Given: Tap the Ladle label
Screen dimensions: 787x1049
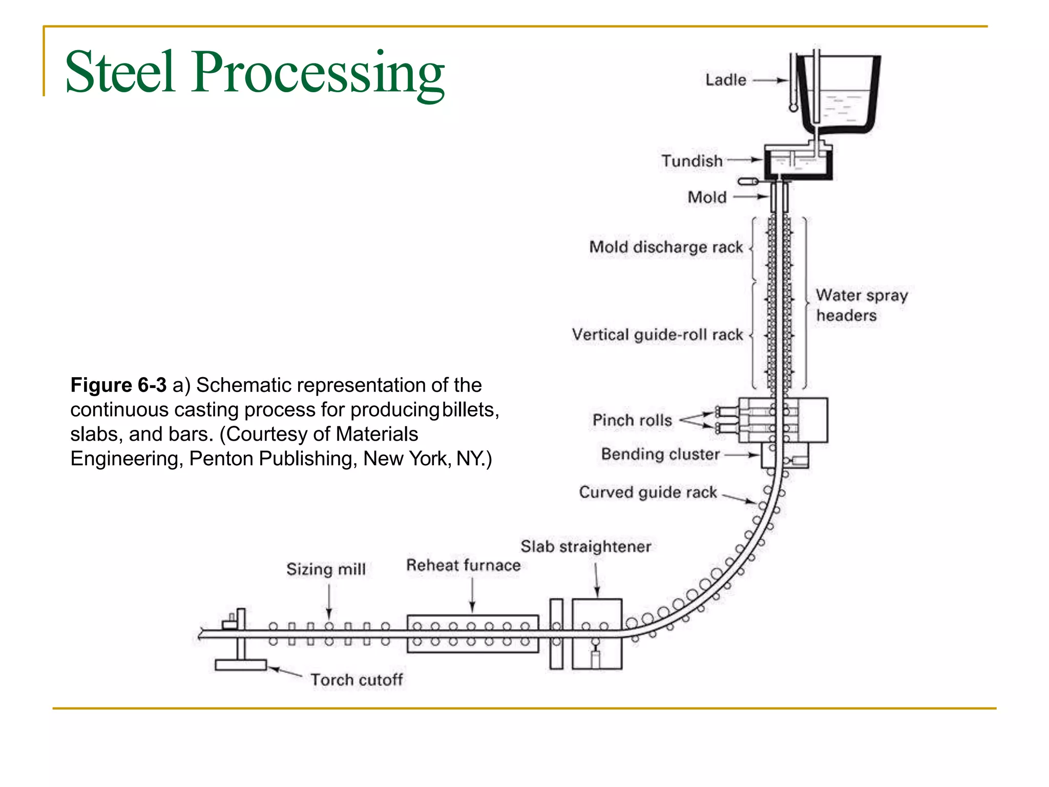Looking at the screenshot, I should (725, 80).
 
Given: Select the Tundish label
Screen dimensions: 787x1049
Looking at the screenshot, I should (691, 161).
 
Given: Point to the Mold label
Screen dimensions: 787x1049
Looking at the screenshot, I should (707, 197).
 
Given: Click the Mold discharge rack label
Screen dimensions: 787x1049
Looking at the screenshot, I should (665, 247).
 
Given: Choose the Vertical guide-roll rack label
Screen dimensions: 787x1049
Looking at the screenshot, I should (657, 335).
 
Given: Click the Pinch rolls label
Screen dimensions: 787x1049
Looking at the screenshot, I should (632, 420).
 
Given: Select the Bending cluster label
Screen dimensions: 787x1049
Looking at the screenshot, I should (660, 454).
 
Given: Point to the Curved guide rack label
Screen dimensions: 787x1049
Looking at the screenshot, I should (647, 492).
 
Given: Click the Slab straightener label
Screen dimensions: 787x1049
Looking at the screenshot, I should (585, 547).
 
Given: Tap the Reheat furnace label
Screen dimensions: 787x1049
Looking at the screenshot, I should (463, 565).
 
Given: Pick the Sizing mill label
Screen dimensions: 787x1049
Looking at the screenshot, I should (326, 569).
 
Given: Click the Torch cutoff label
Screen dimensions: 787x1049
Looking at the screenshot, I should (356, 680).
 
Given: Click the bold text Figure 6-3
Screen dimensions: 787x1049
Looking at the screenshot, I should (118, 385).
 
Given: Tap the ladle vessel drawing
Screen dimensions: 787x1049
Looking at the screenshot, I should (840, 95).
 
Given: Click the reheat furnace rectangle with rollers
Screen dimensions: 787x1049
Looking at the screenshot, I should (472, 634).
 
